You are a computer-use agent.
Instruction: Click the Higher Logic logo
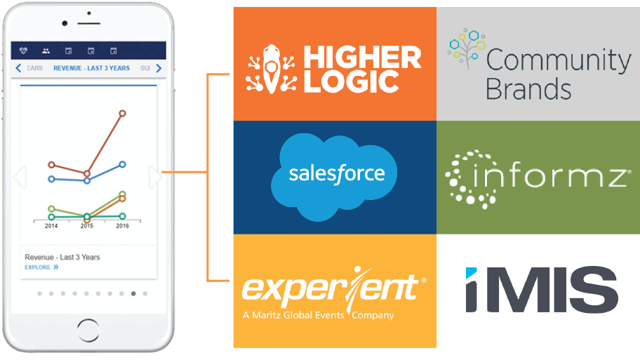[334, 69]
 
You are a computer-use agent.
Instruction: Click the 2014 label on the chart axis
[51, 226]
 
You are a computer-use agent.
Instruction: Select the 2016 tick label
[122, 226]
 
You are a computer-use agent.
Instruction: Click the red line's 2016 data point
[122, 113]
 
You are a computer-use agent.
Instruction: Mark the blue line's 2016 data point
[122, 164]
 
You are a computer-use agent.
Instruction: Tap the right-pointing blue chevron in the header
[159, 68]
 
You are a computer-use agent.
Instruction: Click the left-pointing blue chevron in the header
[18, 68]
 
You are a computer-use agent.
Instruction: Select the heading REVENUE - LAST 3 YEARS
[91, 68]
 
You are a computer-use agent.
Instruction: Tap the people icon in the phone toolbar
[46, 51]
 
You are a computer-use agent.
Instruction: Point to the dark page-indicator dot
[133, 293]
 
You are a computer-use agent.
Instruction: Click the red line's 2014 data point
[51, 165]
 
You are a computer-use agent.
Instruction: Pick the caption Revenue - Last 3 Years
[62, 258]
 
